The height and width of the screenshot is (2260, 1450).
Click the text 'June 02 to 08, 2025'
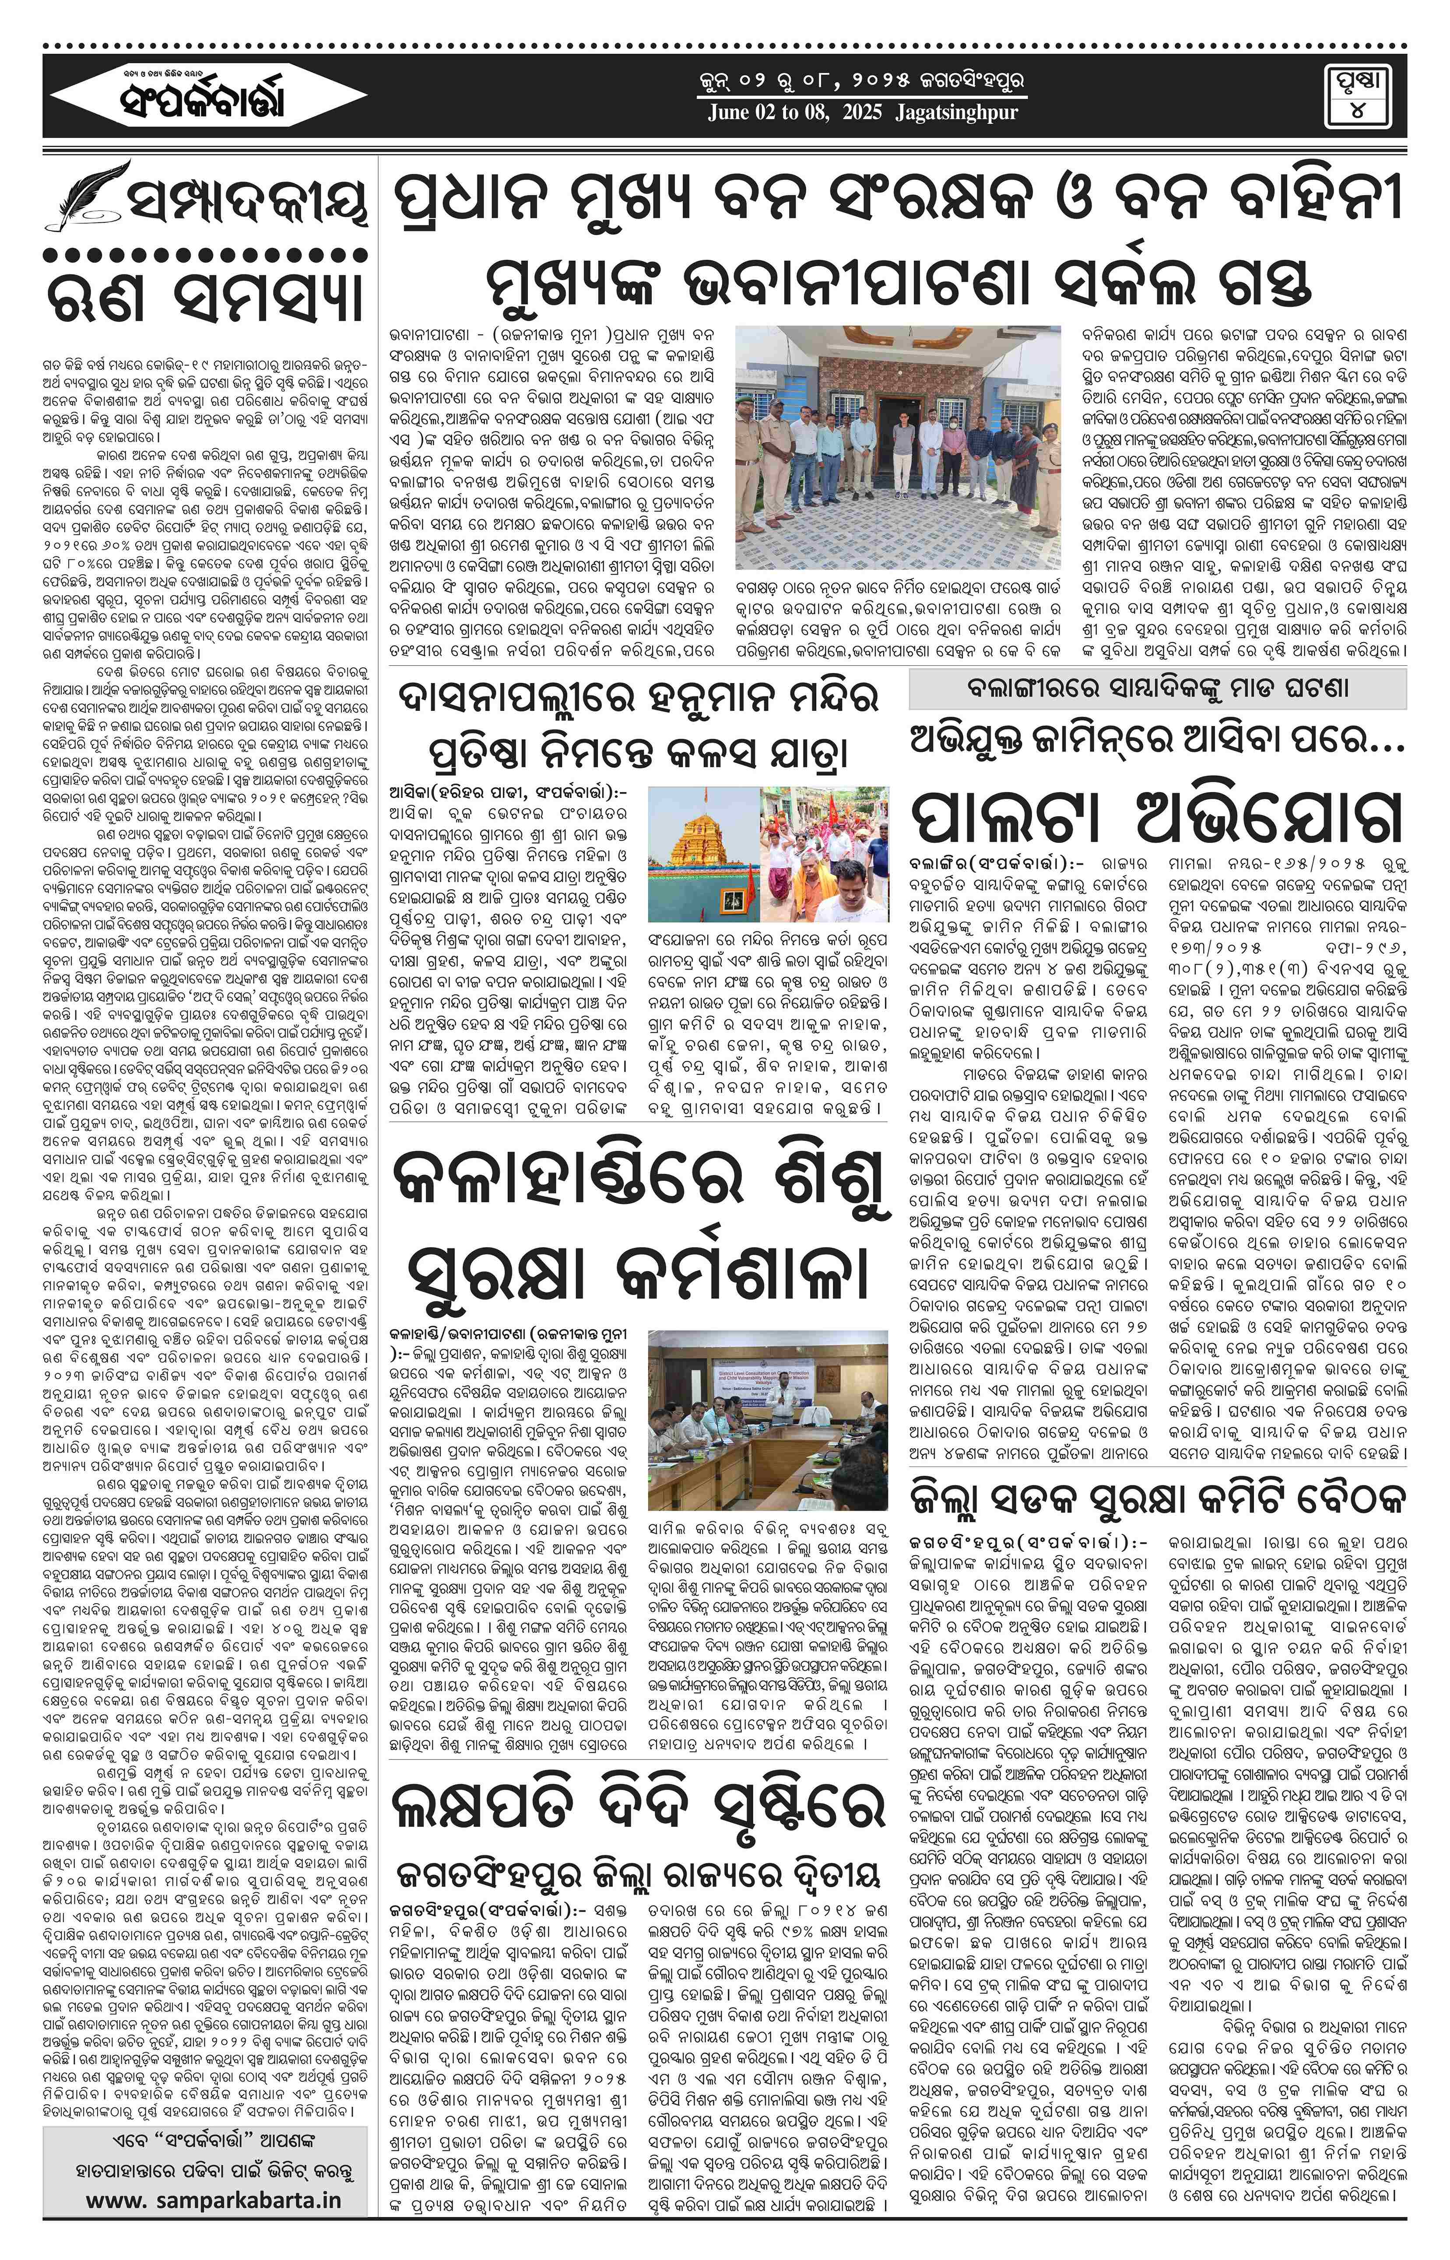(796, 113)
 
